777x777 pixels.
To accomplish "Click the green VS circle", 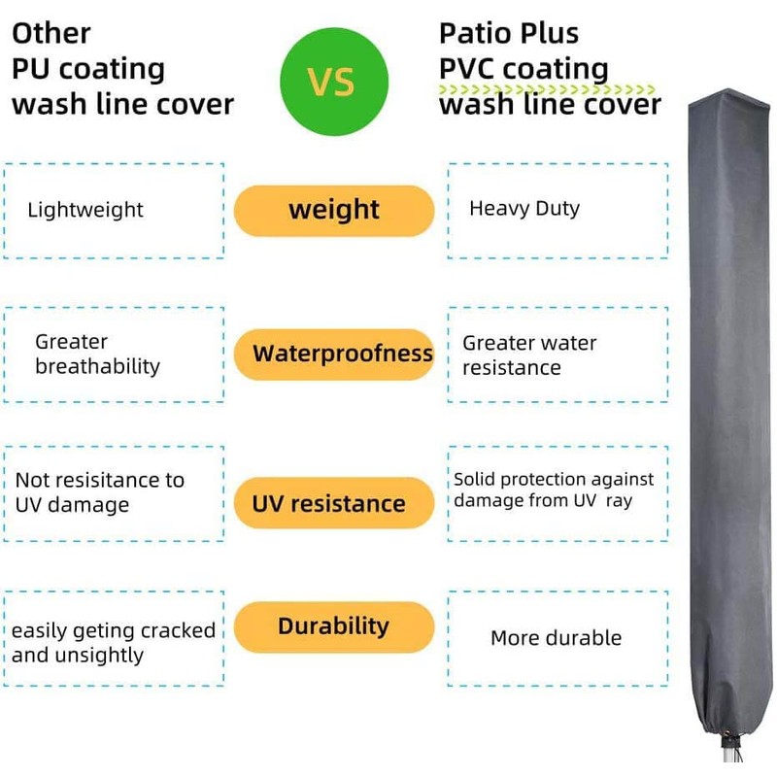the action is [333, 83].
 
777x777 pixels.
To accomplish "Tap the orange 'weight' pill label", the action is [333, 210].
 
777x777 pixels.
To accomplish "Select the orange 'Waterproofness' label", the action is [333, 353].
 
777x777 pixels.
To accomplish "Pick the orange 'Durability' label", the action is [333, 626].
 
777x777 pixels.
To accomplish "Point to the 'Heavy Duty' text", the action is [524, 209].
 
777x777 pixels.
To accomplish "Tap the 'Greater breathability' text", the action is [97, 355].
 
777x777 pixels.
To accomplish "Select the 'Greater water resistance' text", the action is [529, 355].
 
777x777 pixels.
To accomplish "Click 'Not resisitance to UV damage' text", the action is [99, 492].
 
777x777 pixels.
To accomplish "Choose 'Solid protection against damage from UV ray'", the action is [554, 490].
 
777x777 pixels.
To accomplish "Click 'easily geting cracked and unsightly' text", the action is [114, 642].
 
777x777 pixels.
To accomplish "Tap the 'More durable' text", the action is [556, 638].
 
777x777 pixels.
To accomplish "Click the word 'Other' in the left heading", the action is [51, 33].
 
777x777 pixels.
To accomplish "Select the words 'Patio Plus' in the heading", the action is [509, 33].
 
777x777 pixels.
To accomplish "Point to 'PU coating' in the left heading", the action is [87, 69].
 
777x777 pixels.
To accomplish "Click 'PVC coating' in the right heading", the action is [524, 69].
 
